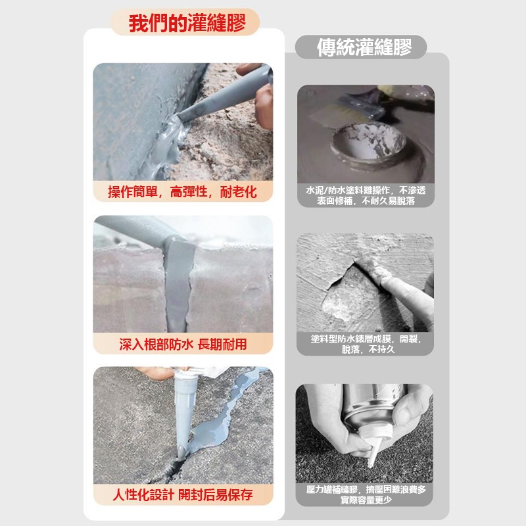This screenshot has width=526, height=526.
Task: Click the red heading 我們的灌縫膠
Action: (187, 23)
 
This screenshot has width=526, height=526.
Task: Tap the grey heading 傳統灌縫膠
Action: (364, 47)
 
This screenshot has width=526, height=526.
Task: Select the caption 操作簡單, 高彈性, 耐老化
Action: (182, 192)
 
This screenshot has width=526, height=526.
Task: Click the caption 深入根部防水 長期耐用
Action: (183, 344)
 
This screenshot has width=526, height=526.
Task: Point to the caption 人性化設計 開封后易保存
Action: (183, 495)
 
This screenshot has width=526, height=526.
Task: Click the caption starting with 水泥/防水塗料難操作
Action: (366, 195)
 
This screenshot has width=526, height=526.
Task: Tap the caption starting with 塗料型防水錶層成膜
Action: (366, 344)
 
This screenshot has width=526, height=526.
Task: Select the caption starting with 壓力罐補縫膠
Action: (366, 494)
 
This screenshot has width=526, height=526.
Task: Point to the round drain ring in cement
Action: (369, 144)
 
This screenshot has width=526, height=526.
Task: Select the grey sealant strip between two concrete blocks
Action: (178, 285)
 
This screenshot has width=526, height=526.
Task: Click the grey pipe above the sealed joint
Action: (141, 229)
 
